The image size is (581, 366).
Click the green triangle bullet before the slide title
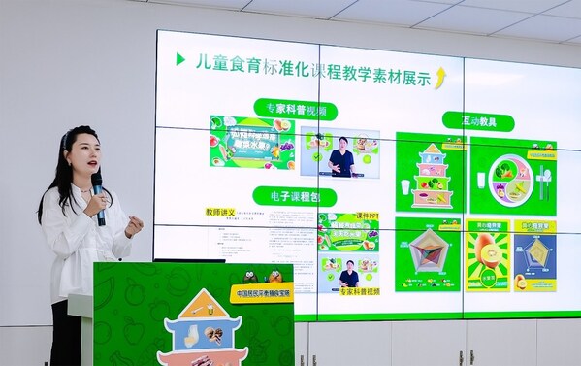click(x=180, y=59)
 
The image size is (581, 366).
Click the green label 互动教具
click(x=478, y=120)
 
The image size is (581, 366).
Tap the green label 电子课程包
click(x=287, y=195)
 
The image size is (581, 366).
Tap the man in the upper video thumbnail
click(x=341, y=157)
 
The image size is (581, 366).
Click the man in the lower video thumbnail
click(x=348, y=273)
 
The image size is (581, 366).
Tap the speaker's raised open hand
click(x=133, y=225)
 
